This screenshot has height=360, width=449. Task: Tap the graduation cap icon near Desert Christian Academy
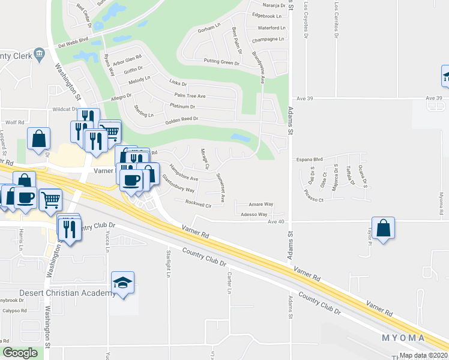click(x=123, y=283)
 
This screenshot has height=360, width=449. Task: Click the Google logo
click(x=20, y=352)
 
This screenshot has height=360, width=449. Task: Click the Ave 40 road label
click(x=276, y=221)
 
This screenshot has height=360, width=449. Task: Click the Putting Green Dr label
click(x=221, y=61)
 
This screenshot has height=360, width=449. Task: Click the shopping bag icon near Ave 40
click(x=384, y=228)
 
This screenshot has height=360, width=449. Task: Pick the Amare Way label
click(x=261, y=205)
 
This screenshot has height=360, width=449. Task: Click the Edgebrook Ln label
click(x=267, y=15)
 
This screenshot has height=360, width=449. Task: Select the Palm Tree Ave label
click(x=190, y=96)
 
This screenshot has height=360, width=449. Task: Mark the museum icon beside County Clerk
click(x=40, y=54)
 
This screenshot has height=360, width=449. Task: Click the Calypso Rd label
click(x=13, y=311)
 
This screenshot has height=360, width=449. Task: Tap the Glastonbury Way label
click(x=179, y=184)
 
